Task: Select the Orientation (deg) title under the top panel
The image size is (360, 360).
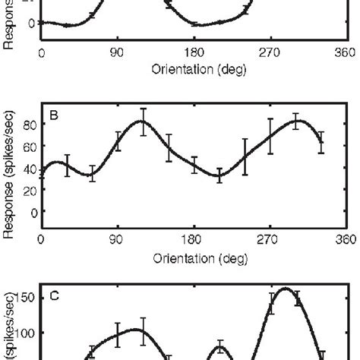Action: tap(194, 69)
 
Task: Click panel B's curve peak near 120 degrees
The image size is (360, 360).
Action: tap(142, 122)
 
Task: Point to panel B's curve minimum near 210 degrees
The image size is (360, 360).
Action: tap(219, 176)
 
